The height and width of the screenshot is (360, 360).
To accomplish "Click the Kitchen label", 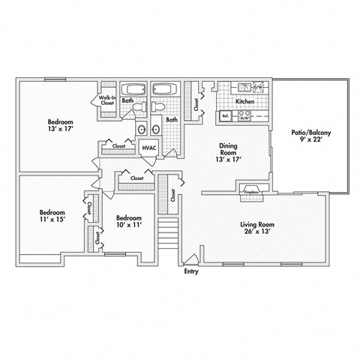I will (x=244, y=101).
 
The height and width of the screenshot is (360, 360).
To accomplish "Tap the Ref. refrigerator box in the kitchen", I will (x=224, y=116).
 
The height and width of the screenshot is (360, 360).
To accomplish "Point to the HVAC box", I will (x=148, y=148).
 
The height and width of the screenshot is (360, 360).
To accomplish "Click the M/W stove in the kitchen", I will (x=244, y=116).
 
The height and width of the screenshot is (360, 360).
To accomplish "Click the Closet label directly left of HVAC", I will (x=119, y=145).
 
